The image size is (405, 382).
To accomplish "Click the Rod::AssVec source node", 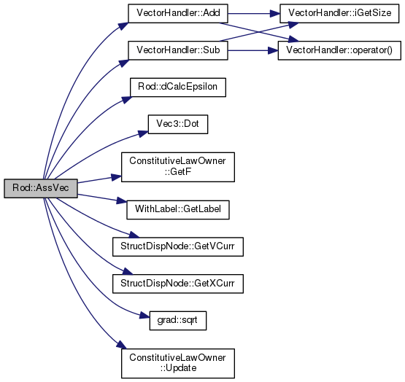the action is pyautogui.click(x=41, y=188).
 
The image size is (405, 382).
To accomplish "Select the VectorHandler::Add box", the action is pyautogui.click(x=178, y=13).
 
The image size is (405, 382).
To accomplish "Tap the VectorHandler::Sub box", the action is pyautogui.click(x=178, y=50).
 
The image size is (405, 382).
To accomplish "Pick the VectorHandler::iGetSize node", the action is pyautogui.click(x=339, y=13).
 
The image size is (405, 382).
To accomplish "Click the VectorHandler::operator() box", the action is pyautogui.click(x=339, y=50).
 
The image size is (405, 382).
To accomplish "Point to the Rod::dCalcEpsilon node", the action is pyautogui.click(x=178, y=87).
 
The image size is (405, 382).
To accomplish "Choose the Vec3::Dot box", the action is pyautogui.click(x=178, y=124).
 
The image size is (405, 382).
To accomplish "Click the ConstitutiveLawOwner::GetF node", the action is pyautogui.click(x=178, y=167).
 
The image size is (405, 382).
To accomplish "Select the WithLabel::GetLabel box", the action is pyautogui.click(x=178, y=210).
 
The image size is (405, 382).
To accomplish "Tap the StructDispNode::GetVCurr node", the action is pyautogui.click(x=178, y=246).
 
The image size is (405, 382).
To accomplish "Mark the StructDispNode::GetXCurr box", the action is pyautogui.click(x=178, y=284).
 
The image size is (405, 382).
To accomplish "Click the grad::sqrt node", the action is pyautogui.click(x=178, y=321).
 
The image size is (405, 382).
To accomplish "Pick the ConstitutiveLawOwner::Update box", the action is pyautogui.click(x=178, y=364).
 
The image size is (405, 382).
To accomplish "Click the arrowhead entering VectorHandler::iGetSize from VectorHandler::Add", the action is pyautogui.click(x=275, y=13).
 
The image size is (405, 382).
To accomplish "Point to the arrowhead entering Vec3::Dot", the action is pyautogui.click(x=143, y=133).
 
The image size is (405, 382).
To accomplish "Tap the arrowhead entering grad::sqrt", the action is pyautogui.click(x=144, y=316).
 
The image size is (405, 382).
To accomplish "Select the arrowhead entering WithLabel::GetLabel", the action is pyautogui.click(x=122, y=200).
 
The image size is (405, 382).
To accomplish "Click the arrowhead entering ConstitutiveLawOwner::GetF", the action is pyautogui.click(x=116, y=177).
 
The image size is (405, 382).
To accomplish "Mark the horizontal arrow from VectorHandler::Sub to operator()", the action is pyautogui.click(x=253, y=50).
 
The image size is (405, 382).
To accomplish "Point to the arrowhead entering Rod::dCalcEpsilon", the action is pyautogui.click(x=126, y=100).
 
